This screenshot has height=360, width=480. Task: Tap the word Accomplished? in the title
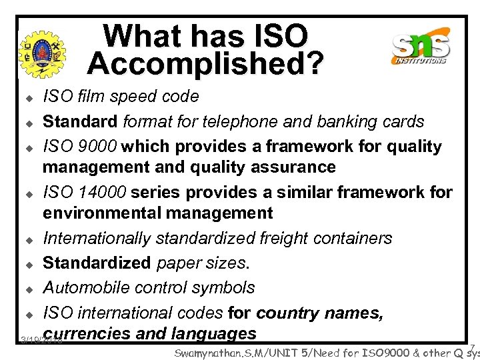(x=205, y=63)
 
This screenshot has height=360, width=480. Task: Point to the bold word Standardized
(x=97, y=263)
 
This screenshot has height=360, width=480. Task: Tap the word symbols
(x=227, y=288)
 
